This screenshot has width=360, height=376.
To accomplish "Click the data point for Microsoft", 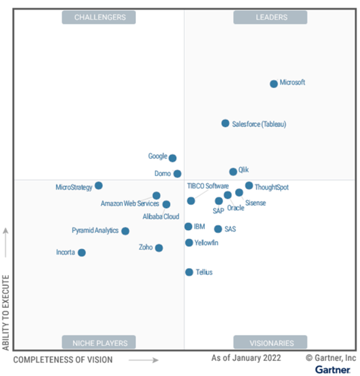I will click(274, 84).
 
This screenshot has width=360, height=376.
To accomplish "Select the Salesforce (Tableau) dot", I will click(225, 124).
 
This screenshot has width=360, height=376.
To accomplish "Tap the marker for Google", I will click(173, 158).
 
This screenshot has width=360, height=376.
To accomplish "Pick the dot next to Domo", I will click(178, 174).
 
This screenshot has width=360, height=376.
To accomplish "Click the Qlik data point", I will click(233, 172).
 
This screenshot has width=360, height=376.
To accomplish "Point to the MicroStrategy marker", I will click(99, 186).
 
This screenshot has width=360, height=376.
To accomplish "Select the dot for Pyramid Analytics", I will click(126, 231).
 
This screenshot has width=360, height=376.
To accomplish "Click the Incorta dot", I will click(82, 252).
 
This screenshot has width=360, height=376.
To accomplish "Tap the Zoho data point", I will click(159, 248).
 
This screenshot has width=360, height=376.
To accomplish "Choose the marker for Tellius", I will click(189, 272).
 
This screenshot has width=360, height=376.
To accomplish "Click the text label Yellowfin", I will click(207, 243).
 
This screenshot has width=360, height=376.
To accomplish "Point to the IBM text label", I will click(199, 227).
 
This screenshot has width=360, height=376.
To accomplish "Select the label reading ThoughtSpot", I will click(272, 187).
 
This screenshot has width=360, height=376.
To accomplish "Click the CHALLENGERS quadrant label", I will click(99, 17).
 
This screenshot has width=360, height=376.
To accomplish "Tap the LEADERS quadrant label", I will click(271, 17).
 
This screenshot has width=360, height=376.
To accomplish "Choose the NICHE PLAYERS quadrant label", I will click(99, 343).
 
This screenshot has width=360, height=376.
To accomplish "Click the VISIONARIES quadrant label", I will click(271, 343).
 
